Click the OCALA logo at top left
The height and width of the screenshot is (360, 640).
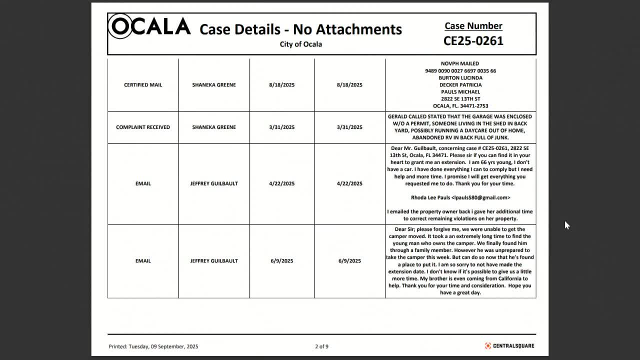point(149,26)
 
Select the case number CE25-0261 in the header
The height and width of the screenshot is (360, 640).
point(473,41)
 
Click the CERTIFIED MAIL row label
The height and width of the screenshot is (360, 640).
point(143,85)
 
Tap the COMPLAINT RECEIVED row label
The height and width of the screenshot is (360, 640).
point(143,127)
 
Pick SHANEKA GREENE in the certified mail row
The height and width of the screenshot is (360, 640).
point(214,85)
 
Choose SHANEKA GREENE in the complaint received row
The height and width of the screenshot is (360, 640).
point(214,127)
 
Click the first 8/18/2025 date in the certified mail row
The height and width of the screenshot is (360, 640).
point(281,85)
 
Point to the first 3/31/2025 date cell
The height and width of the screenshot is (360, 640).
point(281,127)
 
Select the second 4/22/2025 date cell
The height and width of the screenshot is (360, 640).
point(349,183)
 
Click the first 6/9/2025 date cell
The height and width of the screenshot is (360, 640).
point(281,261)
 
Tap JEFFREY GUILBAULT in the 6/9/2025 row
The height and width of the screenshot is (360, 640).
point(214,261)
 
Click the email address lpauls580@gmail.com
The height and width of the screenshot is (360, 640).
point(480,198)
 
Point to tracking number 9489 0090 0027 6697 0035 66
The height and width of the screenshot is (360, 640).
point(460,71)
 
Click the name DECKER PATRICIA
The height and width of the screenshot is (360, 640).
point(460,85)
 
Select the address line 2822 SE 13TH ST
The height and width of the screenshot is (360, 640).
point(460,99)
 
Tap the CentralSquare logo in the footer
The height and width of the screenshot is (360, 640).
point(509,346)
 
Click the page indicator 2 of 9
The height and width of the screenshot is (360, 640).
point(321,346)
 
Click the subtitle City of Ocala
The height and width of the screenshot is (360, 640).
point(300,44)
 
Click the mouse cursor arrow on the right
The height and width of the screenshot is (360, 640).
point(566,225)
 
